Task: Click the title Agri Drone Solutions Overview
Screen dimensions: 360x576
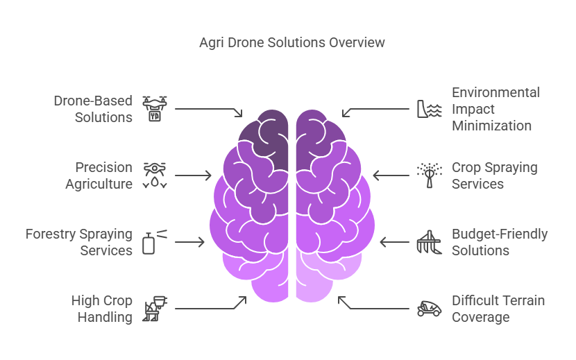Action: tap(291, 43)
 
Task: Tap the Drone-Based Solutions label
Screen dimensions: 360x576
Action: tap(93, 109)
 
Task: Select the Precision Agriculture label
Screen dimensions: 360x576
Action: tap(99, 175)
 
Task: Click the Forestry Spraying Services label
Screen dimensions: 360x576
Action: tap(78, 242)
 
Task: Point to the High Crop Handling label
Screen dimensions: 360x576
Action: tap(101, 309)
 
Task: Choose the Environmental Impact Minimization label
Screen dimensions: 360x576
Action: tap(495, 109)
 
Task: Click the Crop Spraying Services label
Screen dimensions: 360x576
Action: tap(494, 175)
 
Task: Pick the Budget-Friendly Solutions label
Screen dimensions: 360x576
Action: tap(499, 242)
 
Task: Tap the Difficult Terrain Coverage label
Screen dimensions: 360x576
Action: tap(498, 309)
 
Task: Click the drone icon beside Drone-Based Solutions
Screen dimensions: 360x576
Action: tap(155, 109)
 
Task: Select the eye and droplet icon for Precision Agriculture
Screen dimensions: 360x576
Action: tap(155, 175)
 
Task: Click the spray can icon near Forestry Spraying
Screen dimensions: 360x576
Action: tap(154, 242)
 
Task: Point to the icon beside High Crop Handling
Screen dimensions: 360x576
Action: tap(155, 309)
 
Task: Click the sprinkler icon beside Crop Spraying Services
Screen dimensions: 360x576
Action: tap(429, 175)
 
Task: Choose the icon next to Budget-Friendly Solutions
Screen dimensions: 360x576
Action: tap(429, 242)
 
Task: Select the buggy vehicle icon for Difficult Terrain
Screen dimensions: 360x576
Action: tap(429, 309)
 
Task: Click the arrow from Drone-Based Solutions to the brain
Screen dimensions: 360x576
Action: tap(208, 110)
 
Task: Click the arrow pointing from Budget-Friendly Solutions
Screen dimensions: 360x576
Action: tap(393, 242)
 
